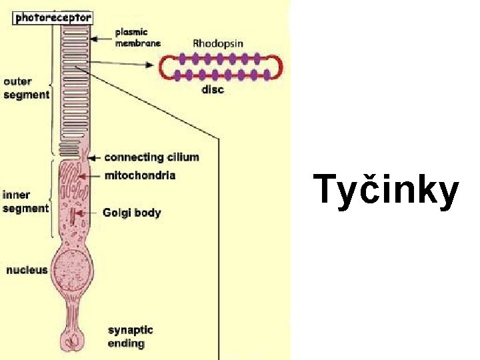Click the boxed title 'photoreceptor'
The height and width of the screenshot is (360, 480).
click(x=53, y=18)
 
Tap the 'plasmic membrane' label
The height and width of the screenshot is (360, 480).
click(x=137, y=37)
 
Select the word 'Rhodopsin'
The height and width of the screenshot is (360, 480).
click(x=218, y=43)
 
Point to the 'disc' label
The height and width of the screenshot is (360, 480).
click(x=213, y=90)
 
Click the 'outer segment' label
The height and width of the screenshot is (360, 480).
click(x=26, y=88)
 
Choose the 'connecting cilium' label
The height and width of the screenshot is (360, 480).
click(x=151, y=157)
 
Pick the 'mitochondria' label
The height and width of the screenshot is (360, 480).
click(x=140, y=175)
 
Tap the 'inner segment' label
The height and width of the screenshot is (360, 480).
click(x=25, y=201)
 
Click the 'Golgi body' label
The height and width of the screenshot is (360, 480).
click(x=131, y=213)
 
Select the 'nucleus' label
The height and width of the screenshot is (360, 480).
click(x=27, y=270)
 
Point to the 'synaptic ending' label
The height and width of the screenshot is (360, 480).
click(x=130, y=337)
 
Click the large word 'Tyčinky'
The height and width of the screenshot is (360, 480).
click(x=387, y=190)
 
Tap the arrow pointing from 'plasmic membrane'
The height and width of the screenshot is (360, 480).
click(x=101, y=38)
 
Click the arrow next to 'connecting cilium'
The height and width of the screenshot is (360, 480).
click(x=94, y=158)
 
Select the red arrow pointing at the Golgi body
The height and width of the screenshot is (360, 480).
click(x=79, y=213)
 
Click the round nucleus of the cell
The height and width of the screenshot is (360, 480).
click(x=73, y=271)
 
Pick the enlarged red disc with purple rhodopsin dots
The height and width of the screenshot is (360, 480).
click(x=220, y=67)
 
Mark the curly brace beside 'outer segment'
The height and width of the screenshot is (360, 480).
click(x=53, y=87)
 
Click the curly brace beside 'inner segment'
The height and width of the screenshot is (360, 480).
click(x=53, y=199)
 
